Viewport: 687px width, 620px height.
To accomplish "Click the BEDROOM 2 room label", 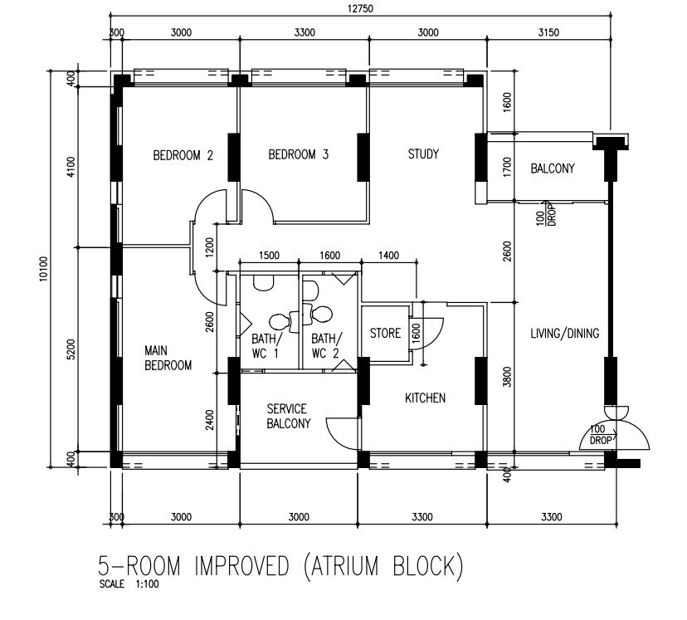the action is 183,155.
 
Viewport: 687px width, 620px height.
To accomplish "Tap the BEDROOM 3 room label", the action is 298,154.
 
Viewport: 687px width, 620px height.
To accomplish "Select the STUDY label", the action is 423,154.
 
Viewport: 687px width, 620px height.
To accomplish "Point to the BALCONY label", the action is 552,168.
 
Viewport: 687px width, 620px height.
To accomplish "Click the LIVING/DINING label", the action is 565,334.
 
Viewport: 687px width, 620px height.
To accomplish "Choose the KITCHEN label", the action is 425,398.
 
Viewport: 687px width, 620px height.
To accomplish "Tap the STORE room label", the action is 385,334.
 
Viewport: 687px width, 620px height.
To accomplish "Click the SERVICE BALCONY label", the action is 288,416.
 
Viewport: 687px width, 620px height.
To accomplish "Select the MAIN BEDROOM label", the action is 168,358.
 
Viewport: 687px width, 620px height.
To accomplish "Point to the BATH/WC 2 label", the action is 326,346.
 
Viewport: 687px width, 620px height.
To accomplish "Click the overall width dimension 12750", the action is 361,9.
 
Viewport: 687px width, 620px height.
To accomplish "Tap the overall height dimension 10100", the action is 43,269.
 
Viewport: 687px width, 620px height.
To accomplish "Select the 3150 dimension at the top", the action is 548,32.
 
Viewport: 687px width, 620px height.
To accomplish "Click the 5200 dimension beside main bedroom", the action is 71,349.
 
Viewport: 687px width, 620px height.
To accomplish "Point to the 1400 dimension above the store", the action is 388,255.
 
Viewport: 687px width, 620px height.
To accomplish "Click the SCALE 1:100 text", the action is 129,583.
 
